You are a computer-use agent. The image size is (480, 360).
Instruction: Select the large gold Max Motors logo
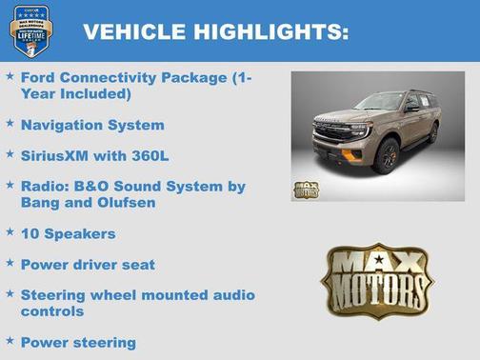[376, 280]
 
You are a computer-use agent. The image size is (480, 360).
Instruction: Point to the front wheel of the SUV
[387, 156]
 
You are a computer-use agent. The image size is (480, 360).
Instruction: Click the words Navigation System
[91, 125]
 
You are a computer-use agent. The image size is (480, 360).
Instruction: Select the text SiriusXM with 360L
[94, 154]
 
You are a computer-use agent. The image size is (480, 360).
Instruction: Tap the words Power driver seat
[87, 264]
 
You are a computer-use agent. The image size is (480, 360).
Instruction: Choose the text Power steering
[78, 341]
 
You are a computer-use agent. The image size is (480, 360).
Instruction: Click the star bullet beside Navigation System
[9, 124]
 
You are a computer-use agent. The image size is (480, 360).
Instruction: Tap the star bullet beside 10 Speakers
[9, 231]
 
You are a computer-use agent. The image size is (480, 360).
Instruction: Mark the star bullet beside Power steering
[9, 340]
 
